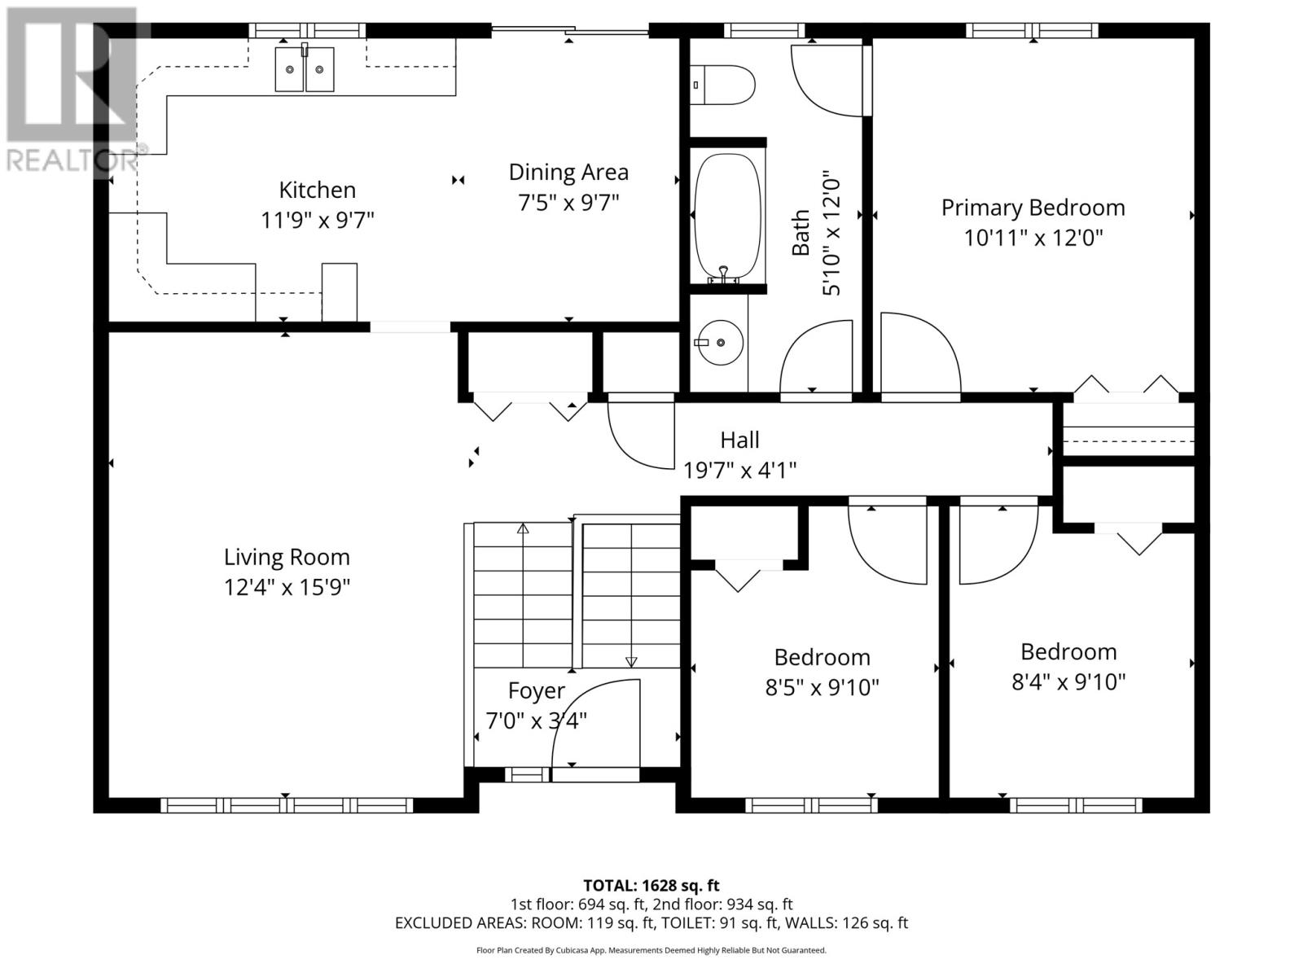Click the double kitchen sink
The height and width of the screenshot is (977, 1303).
click(x=305, y=69)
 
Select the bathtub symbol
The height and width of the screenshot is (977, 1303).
click(x=728, y=215)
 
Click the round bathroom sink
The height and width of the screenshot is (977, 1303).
click(x=720, y=343)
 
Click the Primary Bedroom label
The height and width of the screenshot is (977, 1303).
click(x=1033, y=208)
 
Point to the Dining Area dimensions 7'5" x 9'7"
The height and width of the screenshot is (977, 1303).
click(x=568, y=202)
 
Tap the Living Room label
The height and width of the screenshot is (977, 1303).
click(x=287, y=558)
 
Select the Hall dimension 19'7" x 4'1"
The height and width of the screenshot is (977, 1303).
click(x=739, y=470)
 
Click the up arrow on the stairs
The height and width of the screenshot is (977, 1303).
click(x=523, y=529)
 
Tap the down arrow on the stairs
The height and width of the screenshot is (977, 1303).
click(x=631, y=661)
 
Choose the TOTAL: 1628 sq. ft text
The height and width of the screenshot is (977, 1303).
click(x=651, y=885)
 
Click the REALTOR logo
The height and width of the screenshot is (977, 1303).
click(x=73, y=90)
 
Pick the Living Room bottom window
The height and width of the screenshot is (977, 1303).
click(x=287, y=805)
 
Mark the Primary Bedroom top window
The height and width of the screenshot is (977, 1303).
click(x=1032, y=31)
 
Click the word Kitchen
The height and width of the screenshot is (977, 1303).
click(x=317, y=190)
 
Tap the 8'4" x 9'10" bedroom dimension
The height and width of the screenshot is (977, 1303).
click(x=1068, y=681)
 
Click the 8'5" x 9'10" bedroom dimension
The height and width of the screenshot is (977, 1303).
click(x=822, y=688)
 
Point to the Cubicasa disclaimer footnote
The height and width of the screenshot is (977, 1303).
click(x=651, y=950)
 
